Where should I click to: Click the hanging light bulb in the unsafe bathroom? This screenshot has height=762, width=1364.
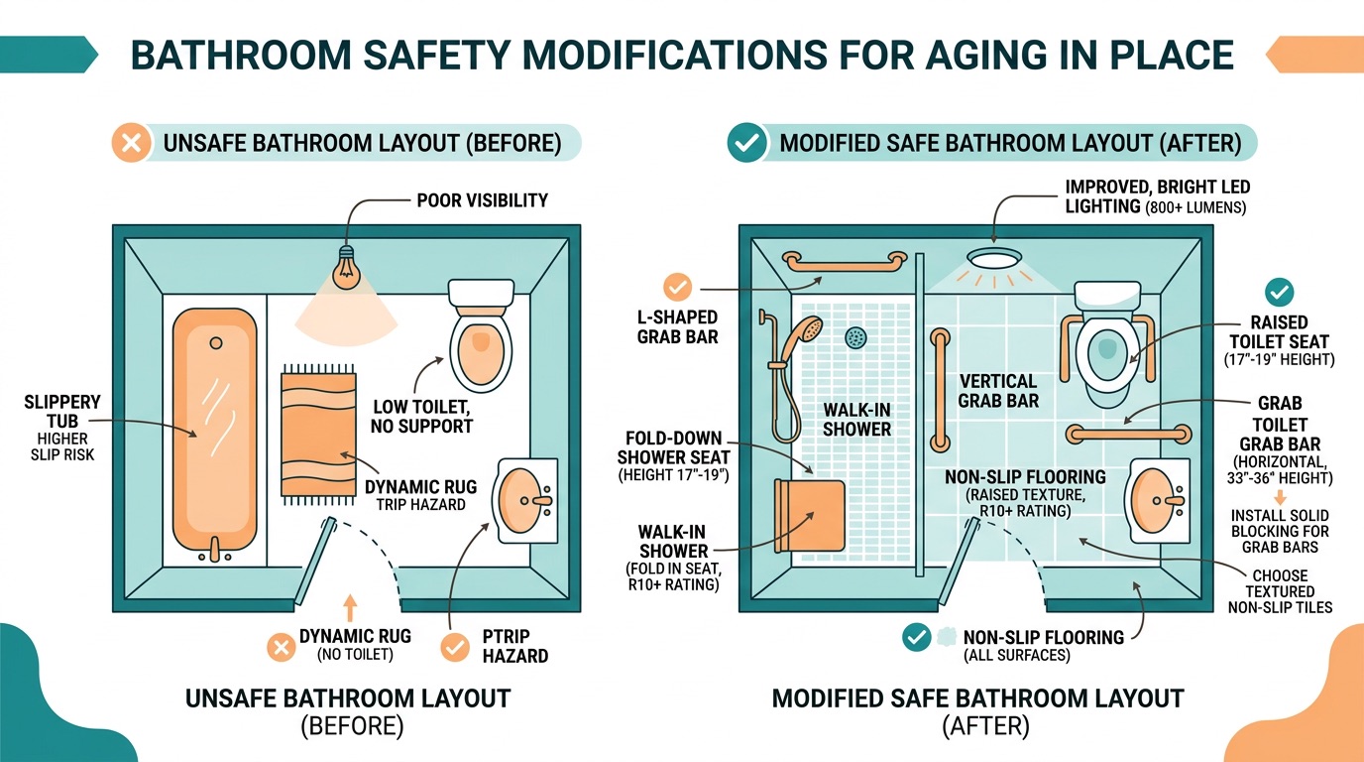coord(347,267)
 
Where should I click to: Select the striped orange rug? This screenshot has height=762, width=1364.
coord(318,434)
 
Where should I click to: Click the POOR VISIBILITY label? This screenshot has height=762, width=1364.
coord(482,200)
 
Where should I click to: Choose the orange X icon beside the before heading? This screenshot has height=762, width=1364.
coord(129,143)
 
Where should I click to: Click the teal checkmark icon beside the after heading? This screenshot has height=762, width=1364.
coord(745,143)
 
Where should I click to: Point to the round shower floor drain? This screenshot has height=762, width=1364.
coord(854,338)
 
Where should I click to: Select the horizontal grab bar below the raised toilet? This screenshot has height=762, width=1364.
coord(1127,433)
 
